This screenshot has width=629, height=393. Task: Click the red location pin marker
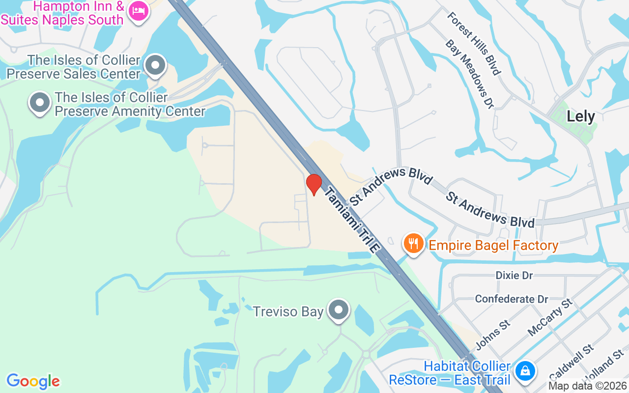pyautogui.click(x=314, y=184)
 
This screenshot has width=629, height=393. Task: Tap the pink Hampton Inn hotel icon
pyautogui.click(x=138, y=11)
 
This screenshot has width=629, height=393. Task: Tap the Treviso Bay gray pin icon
pyautogui.click(x=339, y=310)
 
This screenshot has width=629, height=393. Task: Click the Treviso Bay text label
pyautogui.click(x=288, y=311)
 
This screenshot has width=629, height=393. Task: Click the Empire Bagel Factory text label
pyautogui.click(x=493, y=245)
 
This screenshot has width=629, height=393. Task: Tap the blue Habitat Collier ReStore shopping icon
pyautogui.click(x=525, y=371)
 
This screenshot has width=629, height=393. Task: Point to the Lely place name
pyautogui.click(x=580, y=116)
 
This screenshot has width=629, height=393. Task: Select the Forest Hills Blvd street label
pyautogui.click(x=473, y=43)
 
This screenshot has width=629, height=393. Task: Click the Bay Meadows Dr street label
pyautogui.click(x=469, y=74)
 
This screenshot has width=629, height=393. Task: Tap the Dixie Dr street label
pyautogui.click(x=514, y=275)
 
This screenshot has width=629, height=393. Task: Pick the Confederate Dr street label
pyautogui.click(x=511, y=299)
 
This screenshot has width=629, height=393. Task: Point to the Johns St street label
pyautogui.click(x=492, y=335)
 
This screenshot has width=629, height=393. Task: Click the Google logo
pyautogui.click(x=33, y=381)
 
